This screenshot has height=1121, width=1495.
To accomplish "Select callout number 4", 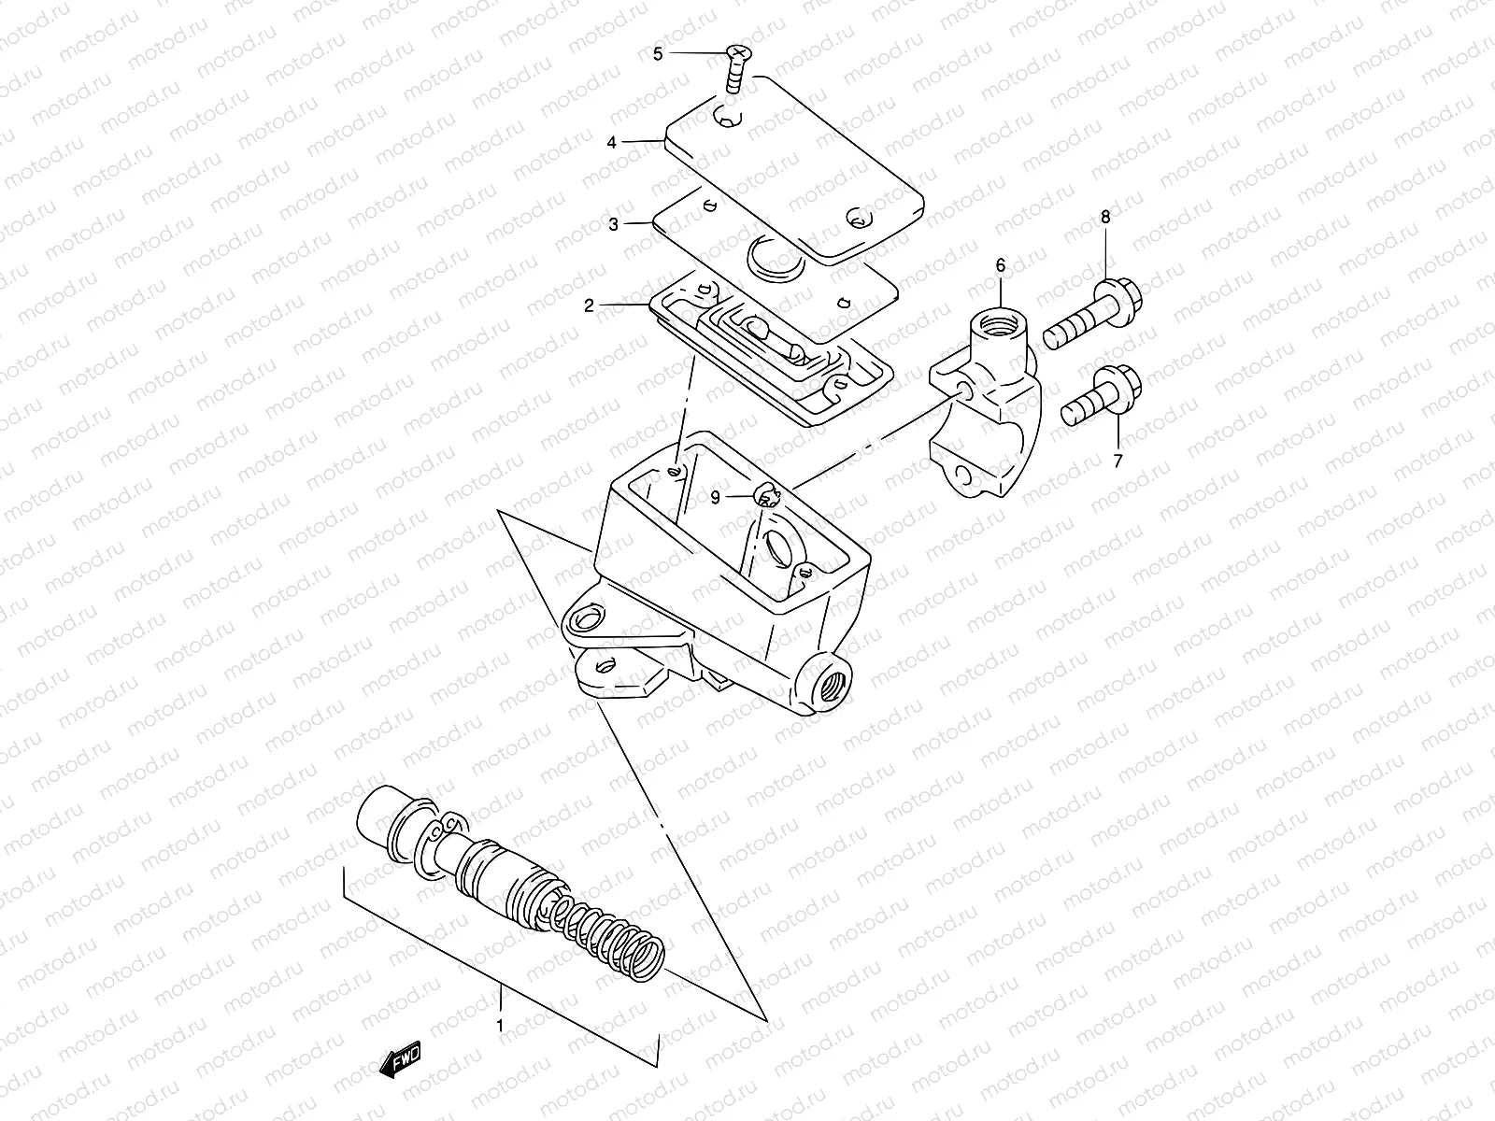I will pyautogui.click(x=611, y=143).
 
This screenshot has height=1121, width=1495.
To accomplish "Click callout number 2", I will pyautogui.click(x=589, y=305).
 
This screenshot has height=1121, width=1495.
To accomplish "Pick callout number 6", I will pyautogui.click(x=1001, y=266).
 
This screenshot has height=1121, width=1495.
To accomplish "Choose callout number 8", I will pyautogui.click(x=1105, y=217).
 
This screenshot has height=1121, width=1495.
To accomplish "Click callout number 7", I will pyautogui.click(x=1118, y=461).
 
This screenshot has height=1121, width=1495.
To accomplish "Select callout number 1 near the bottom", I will pyautogui.click(x=501, y=1026).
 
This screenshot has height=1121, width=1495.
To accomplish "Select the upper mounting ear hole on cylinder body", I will pyautogui.click(x=587, y=617).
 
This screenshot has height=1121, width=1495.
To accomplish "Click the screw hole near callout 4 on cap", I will pyautogui.click(x=728, y=119).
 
